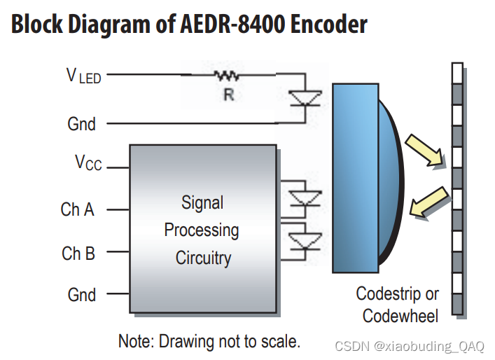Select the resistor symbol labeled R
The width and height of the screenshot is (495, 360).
tap(227, 75)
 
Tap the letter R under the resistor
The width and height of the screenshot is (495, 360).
tap(228, 95)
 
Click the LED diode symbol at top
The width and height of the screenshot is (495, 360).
tap(305, 98)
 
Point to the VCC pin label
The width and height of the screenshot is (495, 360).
tap(88, 163)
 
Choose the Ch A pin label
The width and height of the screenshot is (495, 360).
tap(77, 209)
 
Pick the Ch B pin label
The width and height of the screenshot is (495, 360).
tap(78, 254)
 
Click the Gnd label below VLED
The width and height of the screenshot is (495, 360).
tap(81, 124)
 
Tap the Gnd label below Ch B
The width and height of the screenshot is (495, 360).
tap(82, 294)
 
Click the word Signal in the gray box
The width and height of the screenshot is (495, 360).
tap(202, 203)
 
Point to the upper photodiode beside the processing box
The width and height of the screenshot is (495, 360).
tap(305, 198)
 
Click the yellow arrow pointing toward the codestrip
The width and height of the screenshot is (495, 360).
tap(426, 152)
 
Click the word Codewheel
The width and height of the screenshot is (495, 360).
tap(400, 316)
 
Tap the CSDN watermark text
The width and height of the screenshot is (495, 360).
tap(410, 346)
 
